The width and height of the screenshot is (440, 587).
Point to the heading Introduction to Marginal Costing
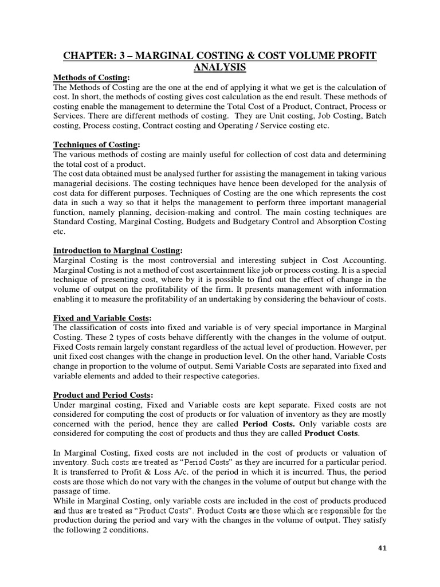[117, 251]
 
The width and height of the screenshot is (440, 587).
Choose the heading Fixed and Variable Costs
[102, 318]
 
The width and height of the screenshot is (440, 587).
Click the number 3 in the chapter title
[127, 56]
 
